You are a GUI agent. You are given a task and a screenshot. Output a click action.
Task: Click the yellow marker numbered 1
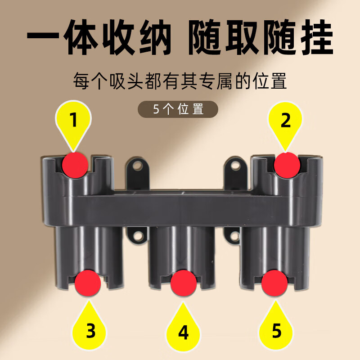point(73,121)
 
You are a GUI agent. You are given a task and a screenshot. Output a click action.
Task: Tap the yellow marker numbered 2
point(286,121)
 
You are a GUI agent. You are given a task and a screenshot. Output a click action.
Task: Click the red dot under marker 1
point(75,164)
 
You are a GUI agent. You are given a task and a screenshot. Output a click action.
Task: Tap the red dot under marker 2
point(287,164)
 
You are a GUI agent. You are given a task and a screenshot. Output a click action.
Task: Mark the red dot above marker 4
point(184,283)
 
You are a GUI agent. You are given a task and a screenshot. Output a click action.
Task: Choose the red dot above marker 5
point(274,282)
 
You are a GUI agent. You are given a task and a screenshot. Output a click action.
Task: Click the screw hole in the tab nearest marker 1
point(138,166)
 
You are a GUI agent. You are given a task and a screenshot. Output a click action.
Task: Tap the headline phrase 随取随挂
point(260,37)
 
